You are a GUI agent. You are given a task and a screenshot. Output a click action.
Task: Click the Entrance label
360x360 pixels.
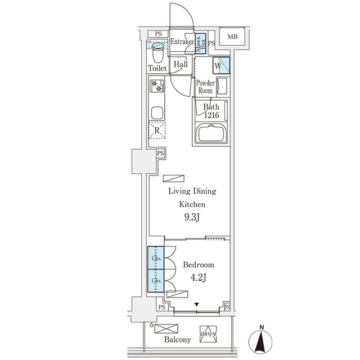tap(182, 41)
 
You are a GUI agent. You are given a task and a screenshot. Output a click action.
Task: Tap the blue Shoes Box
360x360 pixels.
tap(199, 43)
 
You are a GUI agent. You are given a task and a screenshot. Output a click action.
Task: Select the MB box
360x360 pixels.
tap(232, 37)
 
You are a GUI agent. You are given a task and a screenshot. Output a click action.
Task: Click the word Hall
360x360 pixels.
tap(181, 65)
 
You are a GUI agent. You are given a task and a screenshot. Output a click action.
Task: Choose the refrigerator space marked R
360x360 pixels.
tap(157, 130)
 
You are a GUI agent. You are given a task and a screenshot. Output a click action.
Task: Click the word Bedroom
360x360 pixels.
tap(198, 264)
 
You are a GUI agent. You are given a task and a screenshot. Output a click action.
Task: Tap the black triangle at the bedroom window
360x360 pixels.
tap(196, 305)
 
